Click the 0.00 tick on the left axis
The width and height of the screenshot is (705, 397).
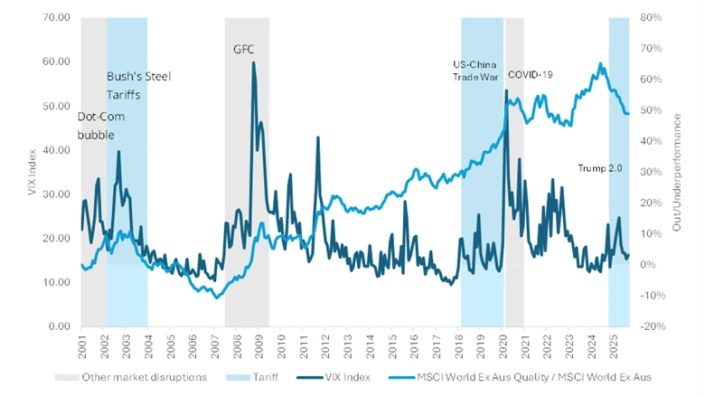click(x=61, y=326)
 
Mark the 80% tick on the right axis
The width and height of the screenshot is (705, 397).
click(x=651, y=17)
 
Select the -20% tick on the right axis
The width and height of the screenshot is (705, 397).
click(x=653, y=326)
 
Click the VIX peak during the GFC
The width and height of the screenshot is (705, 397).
click(x=253, y=62)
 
